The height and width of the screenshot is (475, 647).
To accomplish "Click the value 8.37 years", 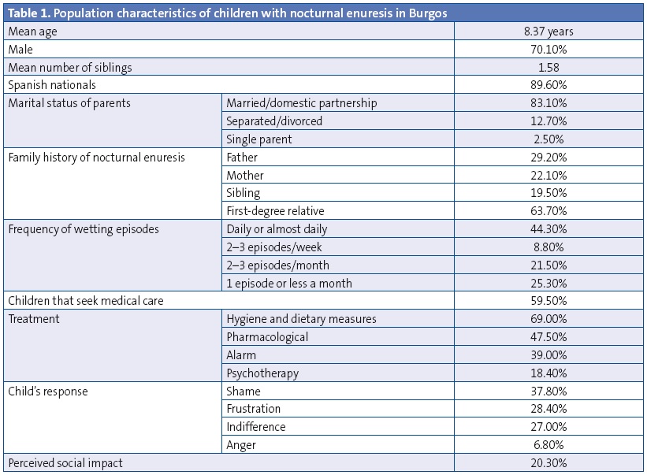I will (550, 32).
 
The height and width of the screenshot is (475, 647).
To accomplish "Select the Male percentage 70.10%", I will (550, 50).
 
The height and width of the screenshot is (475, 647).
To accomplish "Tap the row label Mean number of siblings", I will (70, 68).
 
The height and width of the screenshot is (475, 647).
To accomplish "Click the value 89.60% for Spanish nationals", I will (550, 85).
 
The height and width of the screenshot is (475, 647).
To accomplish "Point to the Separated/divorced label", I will (274, 121).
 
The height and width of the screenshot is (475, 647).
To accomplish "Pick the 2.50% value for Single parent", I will (550, 139).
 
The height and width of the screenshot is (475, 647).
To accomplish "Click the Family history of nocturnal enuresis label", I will (96, 157).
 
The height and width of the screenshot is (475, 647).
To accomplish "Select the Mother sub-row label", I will (245, 175).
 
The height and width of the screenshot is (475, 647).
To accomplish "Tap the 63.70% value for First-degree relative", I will (550, 211).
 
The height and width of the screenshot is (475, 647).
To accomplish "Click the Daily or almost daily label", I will (277, 229).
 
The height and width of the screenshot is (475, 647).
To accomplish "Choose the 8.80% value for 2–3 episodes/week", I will (550, 247).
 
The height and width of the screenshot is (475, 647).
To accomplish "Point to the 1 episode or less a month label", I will (289, 283).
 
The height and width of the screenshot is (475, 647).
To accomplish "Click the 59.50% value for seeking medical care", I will (550, 301).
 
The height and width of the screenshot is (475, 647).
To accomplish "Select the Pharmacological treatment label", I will (267, 337).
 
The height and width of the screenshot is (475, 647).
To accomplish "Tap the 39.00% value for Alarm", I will (550, 355).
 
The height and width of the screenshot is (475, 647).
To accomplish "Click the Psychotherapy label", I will (262, 373).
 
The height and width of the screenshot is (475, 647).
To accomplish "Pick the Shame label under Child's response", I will (244, 392).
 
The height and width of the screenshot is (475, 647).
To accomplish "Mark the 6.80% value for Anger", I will (550, 445).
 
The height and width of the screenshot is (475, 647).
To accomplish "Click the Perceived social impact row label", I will (65, 463).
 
